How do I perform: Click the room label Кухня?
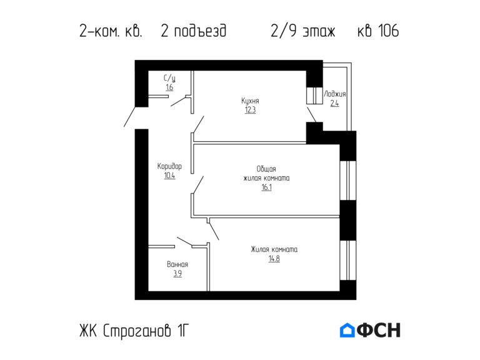click(x=250, y=101)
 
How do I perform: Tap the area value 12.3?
click(x=250, y=110)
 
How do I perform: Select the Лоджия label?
click(x=334, y=94)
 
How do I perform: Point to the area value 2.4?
click(x=334, y=104)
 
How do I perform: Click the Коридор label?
click(x=169, y=166)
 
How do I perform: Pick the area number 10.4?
click(x=169, y=176)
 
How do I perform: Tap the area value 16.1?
click(x=266, y=187)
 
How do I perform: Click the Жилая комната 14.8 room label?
click(x=274, y=249)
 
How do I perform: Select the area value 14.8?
click(x=274, y=259)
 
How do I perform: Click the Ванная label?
click(x=177, y=264)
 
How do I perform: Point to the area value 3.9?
click(x=177, y=274)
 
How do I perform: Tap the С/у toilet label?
click(x=169, y=78)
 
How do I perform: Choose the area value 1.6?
click(x=169, y=87)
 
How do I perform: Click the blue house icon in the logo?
click(x=347, y=330)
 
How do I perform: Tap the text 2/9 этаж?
click(x=303, y=31)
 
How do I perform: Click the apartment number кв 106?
click(x=377, y=31)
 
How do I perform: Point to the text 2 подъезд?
click(x=193, y=31)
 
